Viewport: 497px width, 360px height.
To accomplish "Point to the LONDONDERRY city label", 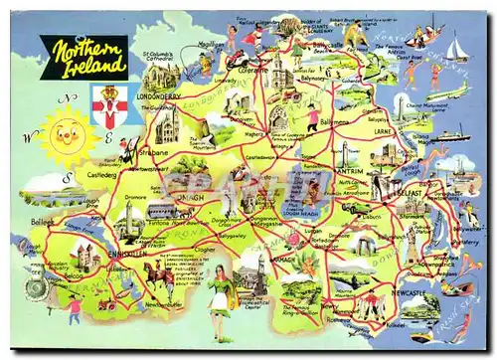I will click(159, 97).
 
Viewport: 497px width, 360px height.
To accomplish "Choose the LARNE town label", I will click(383, 129).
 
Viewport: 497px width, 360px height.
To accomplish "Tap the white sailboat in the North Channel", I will click(456, 48).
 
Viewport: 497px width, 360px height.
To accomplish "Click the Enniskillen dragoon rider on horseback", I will click(159, 273).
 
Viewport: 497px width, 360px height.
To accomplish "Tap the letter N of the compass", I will click(69, 97).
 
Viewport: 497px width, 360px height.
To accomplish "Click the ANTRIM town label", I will click(349, 170).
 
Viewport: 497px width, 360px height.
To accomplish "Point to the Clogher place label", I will click(205, 250).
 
